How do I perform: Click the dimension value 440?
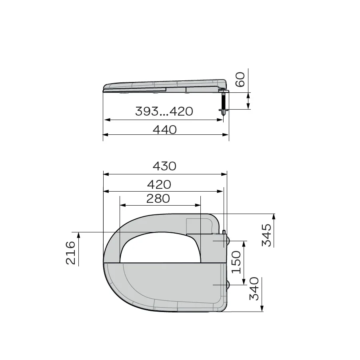pos(165,130)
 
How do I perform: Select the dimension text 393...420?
pos(164,111)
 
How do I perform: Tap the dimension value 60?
pos(240,80)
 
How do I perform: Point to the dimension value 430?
pos(164,166)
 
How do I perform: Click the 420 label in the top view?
pos(159,184)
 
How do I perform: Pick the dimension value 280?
pos(158,198)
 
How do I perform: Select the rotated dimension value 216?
pos(70,253)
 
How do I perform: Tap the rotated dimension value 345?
pos(266,235)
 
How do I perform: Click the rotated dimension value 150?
pos(236,262)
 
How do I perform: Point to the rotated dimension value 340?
pos(254,288)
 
